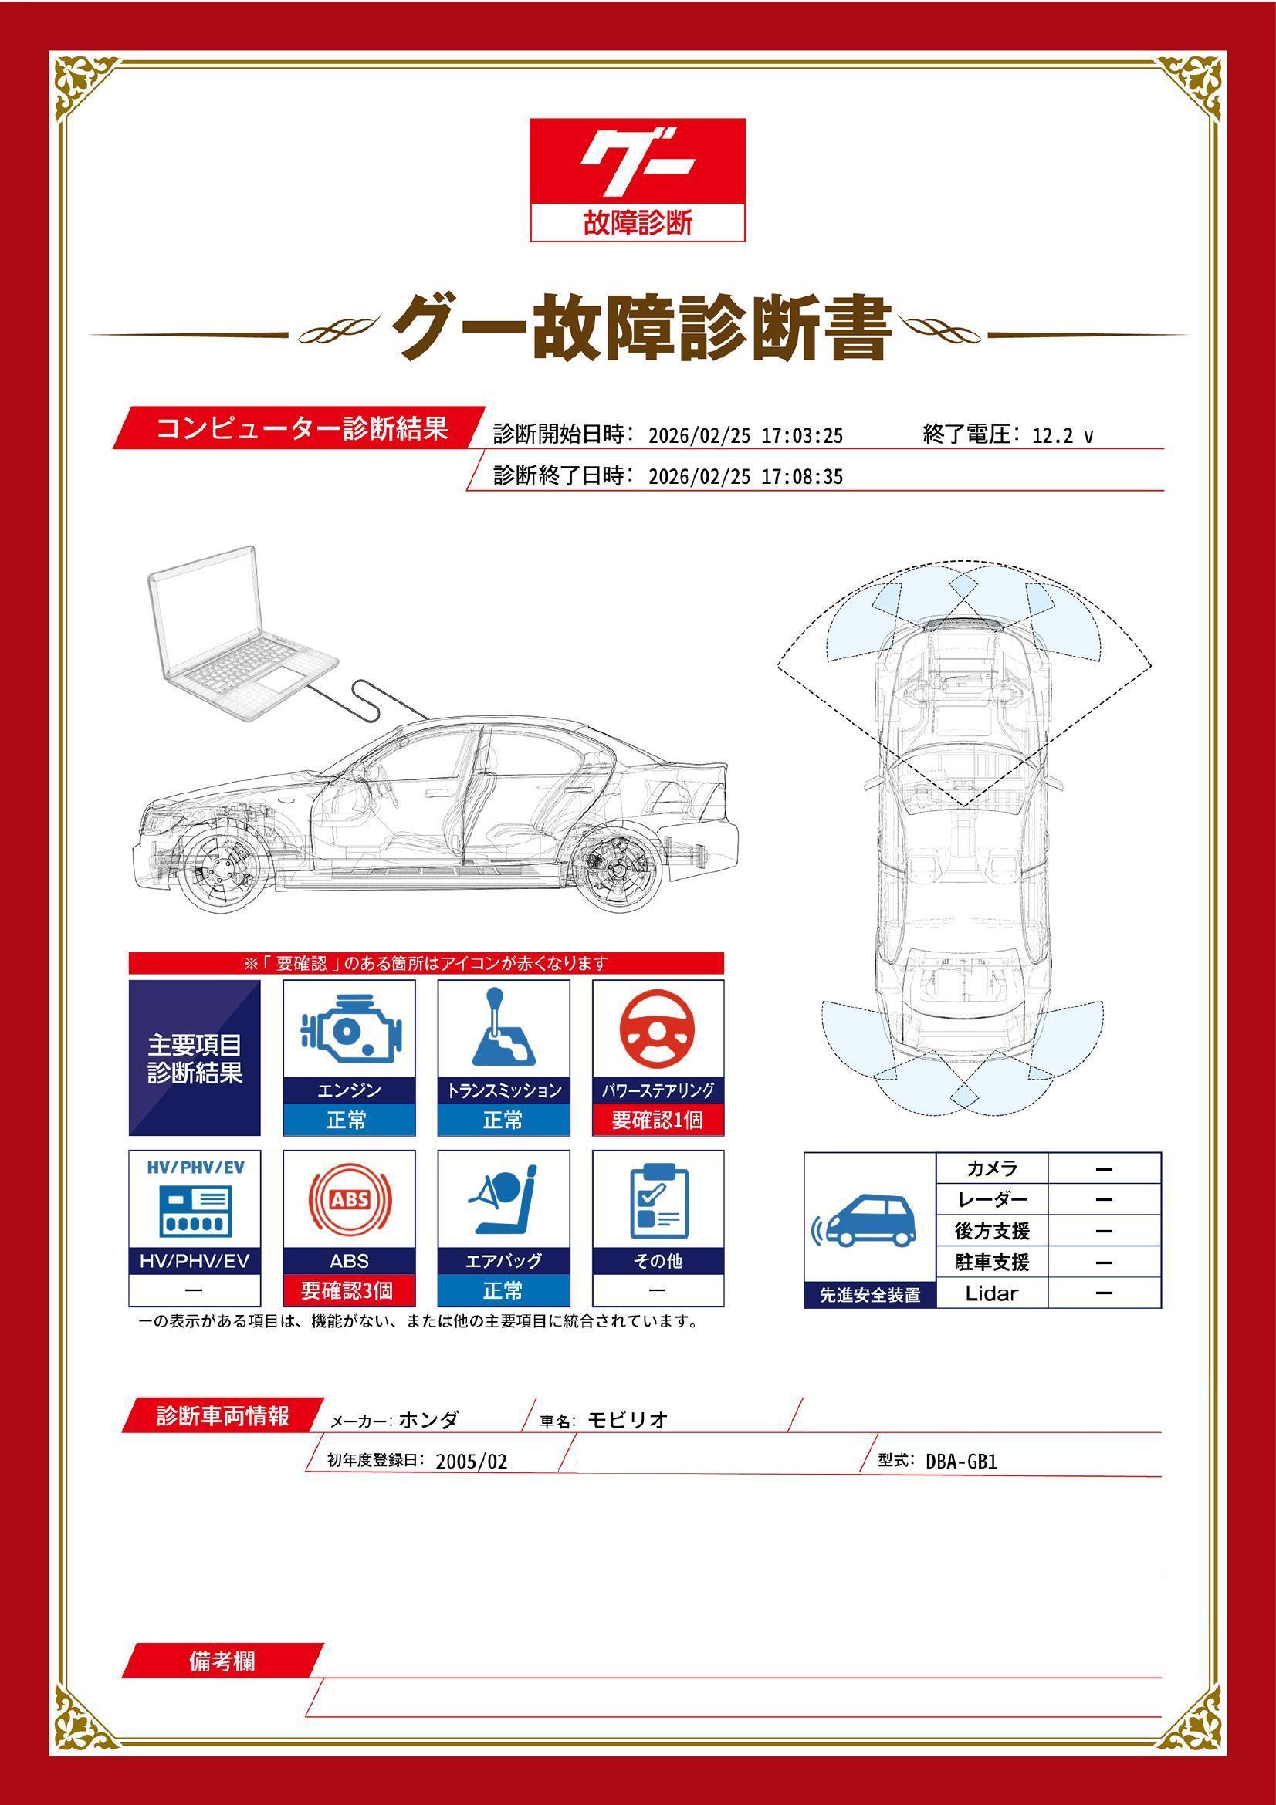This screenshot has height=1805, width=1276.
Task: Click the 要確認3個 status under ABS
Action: (x=348, y=1290)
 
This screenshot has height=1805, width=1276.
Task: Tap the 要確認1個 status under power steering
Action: (x=657, y=1120)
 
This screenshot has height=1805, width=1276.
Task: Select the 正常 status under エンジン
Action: (x=347, y=1120)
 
